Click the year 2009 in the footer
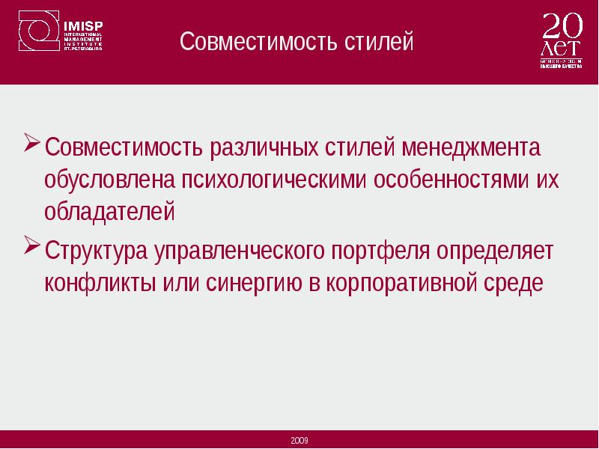tap(299, 440)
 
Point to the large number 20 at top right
tap(561, 26)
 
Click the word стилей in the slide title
tap(378, 41)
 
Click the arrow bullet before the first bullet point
tap(32, 143)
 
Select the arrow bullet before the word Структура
tap(32, 245)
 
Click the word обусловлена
tap(108, 181)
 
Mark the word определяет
tap(496, 251)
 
